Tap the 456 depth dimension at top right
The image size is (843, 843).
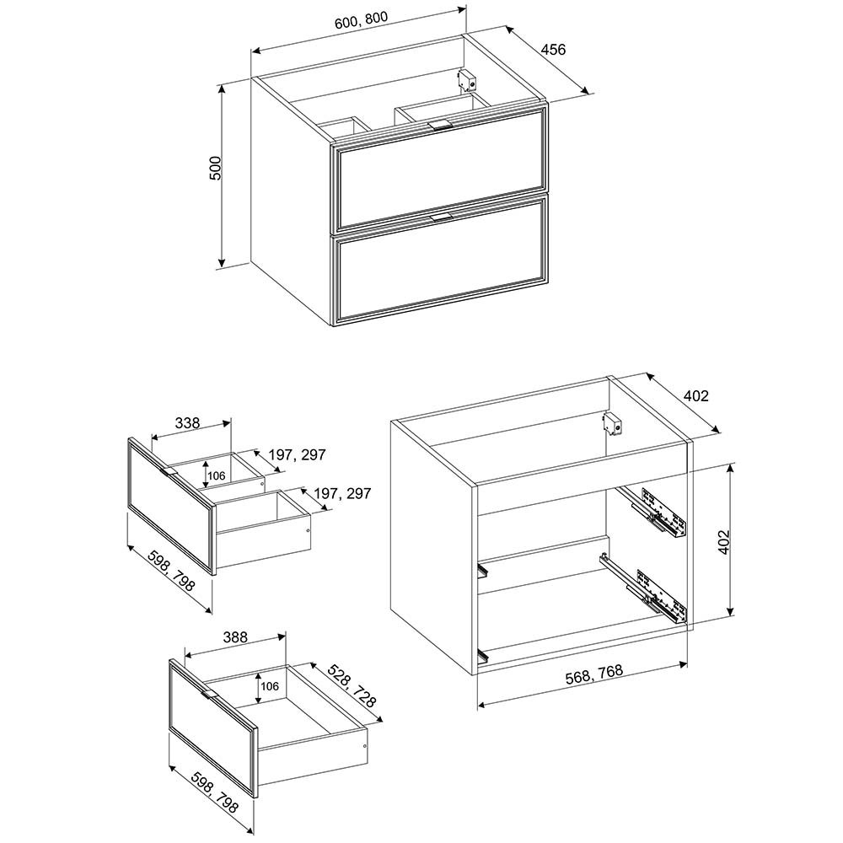point(553,50)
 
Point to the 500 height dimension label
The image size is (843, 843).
point(214,168)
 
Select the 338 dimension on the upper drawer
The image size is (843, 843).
point(188,422)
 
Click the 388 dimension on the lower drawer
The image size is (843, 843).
point(235,637)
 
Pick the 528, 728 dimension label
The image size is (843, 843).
point(352,685)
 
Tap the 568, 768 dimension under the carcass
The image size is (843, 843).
point(594,674)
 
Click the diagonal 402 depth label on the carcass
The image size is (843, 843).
point(696,396)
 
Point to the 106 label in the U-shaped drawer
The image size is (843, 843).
point(216,476)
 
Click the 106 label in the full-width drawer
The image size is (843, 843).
point(270,686)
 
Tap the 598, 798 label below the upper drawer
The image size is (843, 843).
point(170,570)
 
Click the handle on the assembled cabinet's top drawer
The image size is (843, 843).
point(440,126)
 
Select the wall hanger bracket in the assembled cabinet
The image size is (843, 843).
point(467,80)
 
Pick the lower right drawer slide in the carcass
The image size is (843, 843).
point(643,588)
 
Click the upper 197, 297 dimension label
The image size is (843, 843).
point(298,455)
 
